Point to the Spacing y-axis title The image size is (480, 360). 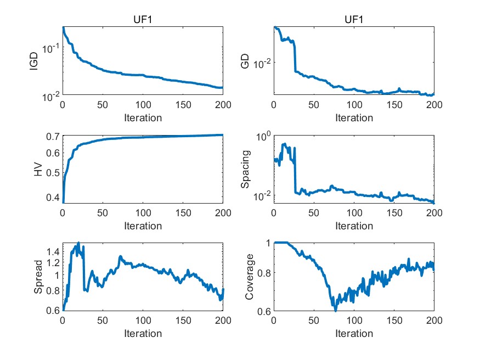tap(245, 169)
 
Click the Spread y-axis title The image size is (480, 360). tap(37, 277)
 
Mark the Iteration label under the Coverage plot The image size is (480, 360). tap(353, 333)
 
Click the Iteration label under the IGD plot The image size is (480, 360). tap(142, 117)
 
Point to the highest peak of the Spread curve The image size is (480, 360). tap(78, 243)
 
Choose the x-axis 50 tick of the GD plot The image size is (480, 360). tap(313, 105)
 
